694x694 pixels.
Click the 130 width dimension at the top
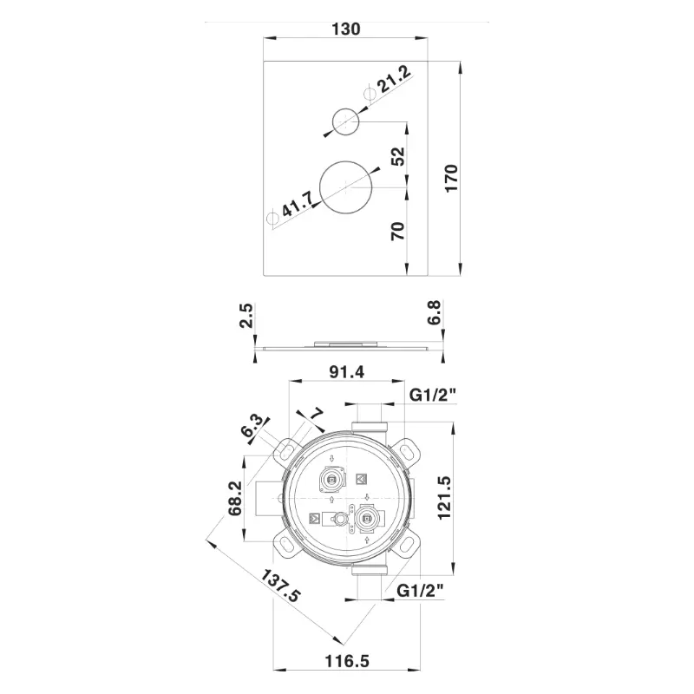[x=345, y=29]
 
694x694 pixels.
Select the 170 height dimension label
[x=451, y=178]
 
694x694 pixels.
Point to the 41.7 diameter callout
[x=298, y=204]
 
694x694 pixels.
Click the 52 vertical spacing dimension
[x=398, y=157]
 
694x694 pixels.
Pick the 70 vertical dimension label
[x=398, y=232]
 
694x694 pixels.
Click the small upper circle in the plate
[x=345, y=121]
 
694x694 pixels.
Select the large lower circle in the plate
[x=345, y=187]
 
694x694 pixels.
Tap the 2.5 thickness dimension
[x=246, y=315]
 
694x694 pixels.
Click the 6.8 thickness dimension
[x=435, y=312]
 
